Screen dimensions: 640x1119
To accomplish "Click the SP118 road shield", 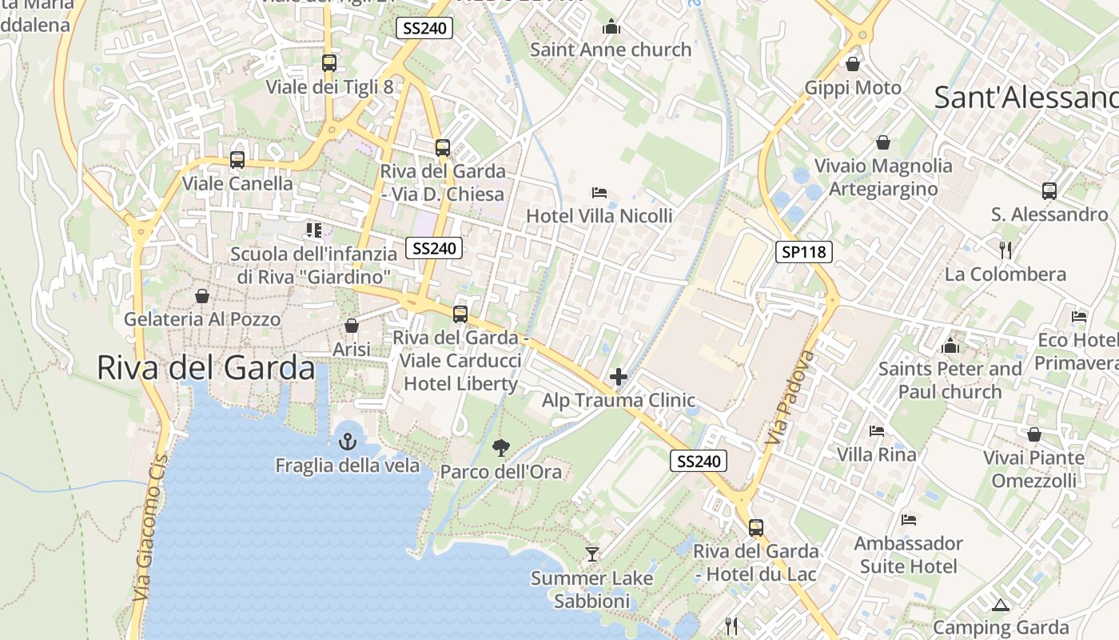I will (x=804, y=252).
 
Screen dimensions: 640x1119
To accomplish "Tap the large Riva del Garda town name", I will (x=206, y=367).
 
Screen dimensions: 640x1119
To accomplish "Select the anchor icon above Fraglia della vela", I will (x=348, y=441).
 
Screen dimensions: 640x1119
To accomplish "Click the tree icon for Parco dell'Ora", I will (x=501, y=447).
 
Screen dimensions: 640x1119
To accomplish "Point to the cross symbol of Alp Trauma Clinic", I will (x=618, y=377).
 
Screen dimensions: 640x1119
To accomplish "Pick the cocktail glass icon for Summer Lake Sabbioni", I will (x=591, y=554).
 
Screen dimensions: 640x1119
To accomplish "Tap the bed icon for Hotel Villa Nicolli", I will (x=599, y=193).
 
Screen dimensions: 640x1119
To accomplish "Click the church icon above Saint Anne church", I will (x=611, y=26).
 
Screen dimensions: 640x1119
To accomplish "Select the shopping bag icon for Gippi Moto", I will (x=853, y=64).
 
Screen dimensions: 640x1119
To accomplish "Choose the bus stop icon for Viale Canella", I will (x=237, y=160).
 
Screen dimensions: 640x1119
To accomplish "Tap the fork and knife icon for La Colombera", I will (x=1006, y=250).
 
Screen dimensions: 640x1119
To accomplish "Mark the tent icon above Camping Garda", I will (x=1000, y=605).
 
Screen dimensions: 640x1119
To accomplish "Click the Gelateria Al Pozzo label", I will (x=202, y=319).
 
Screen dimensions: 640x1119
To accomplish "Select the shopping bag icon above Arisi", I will (x=351, y=326).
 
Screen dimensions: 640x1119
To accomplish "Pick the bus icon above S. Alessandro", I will (x=1049, y=191).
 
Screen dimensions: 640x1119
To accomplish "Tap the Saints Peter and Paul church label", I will (x=950, y=380).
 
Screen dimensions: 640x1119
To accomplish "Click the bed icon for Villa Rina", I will (x=877, y=431).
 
